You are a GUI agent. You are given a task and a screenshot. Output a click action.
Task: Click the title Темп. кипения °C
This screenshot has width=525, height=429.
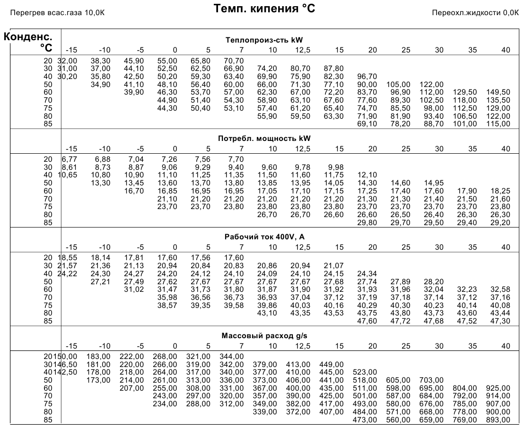[x=264, y=9]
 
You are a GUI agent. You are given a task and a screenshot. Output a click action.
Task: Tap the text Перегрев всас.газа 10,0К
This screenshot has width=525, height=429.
[x=57, y=13]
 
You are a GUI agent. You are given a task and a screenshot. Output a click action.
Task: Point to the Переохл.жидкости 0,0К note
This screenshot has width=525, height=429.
[x=475, y=13]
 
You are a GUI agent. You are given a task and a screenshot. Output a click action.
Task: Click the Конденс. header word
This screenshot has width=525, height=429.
[x=28, y=36]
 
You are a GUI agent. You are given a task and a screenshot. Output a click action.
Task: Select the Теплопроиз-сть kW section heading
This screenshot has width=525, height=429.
[x=264, y=40]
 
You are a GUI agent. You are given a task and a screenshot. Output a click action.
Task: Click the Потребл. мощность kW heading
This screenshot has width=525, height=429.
[x=264, y=139]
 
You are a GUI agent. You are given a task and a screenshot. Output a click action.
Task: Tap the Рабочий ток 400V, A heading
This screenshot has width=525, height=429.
[x=264, y=237]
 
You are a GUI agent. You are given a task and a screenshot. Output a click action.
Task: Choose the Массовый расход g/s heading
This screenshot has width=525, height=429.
[x=264, y=335]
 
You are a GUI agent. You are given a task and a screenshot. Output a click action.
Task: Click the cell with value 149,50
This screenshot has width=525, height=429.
[x=498, y=92]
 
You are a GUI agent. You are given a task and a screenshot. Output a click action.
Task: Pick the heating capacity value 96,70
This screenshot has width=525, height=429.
[x=367, y=76]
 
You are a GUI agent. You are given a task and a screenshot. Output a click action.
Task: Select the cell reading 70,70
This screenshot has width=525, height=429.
[x=234, y=61]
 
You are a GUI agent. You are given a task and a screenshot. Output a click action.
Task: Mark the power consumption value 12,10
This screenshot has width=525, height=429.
[x=367, y=175]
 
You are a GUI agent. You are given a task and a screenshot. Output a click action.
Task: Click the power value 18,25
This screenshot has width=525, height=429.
[x=500, y=191]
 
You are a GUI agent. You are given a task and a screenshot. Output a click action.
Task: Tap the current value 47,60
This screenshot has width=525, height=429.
[x=367, y=321]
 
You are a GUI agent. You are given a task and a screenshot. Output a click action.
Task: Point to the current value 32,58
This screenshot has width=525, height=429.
[x=500, y=289]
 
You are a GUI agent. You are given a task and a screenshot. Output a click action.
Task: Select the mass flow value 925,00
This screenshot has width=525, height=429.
[x=498, y=388]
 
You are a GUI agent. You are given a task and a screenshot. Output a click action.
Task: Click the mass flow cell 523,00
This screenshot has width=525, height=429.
[x=365, y=372]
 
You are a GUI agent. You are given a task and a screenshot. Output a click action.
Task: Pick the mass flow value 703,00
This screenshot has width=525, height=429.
[x=431, y=380]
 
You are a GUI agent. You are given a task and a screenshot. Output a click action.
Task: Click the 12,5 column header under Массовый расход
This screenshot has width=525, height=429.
[x=303, y=346]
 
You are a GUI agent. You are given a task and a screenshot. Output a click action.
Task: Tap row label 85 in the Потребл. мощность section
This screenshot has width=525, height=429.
[x=48, y=223]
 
